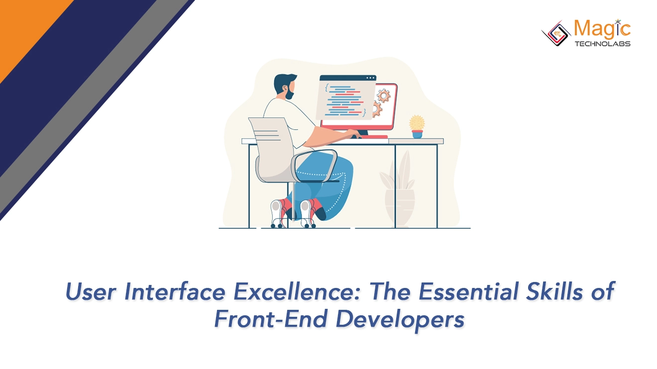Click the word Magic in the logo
tap(602, 29)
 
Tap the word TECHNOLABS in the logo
tap(602, 44)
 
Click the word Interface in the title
tap(174, 292)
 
